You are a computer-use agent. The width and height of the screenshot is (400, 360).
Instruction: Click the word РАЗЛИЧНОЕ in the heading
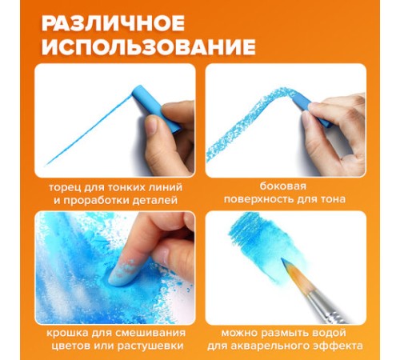coord(113,23)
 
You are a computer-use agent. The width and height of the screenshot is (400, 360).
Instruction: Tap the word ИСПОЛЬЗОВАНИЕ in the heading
coord(149,47)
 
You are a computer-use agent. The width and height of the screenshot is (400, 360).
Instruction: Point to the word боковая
coord(282,186)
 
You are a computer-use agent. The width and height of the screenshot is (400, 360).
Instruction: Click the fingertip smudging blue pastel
coord(120,274)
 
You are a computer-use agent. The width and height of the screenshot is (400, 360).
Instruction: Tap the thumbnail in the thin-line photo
coord(152,126)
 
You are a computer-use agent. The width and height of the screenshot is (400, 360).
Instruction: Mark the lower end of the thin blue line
coord(46,165)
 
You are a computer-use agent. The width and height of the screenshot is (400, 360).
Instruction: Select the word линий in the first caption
coord(166,187)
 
